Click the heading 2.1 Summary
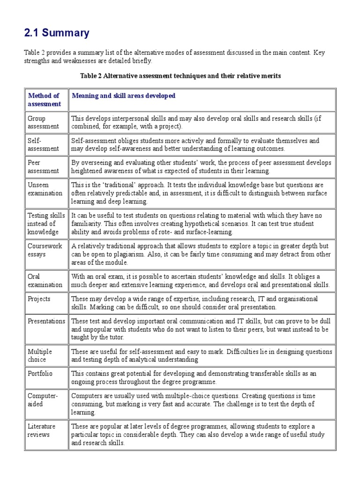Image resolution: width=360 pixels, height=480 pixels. pyautogui.click(x=56, y=33)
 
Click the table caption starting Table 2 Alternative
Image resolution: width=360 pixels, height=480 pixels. pyautogui.click(x=180, y=76)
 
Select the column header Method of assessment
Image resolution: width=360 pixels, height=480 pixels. pyautogui.click(x=44, y=100)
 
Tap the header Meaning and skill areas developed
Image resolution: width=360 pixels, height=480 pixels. pyautogui.click(x=123, y=96)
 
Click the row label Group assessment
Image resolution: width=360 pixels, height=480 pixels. pyautogui.click(x=43, y=122)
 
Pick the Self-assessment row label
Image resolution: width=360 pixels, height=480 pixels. pyautogui.click(x=43, y=145)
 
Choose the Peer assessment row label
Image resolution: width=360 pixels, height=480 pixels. pyautogui.click(x=43, y=167)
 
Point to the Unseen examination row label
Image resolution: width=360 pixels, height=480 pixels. pyautogui.click(x=45, y=189)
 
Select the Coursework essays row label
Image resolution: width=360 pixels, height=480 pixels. pyautogui.click(x=43, y=250)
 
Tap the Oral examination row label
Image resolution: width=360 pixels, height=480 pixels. pyautogui.click(x=45, y=281)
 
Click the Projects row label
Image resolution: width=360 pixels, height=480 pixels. pyautogui.click(x=39, y=299)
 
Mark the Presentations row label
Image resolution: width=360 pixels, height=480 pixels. pyautogui.click(x=46, y=321)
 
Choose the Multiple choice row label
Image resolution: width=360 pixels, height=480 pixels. pyautogui.click(x=40, y=356)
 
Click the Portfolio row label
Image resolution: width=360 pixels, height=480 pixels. pyautogui.click(x=40, y=374)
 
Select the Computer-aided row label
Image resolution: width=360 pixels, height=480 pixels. pyautogui.click(x=43, y=400)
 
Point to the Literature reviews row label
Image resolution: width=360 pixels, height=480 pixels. pyautogui.click(x=42, y=430)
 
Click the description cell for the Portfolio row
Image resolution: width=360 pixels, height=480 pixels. pyautogui.click(x=202, y=378)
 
